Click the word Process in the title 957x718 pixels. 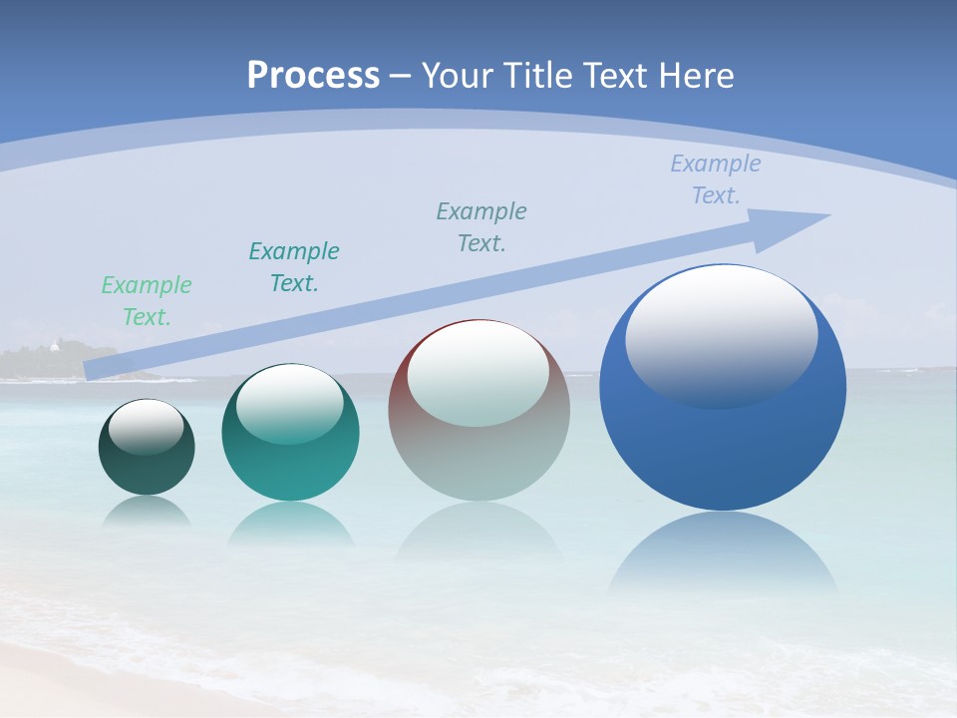tap(313, 76)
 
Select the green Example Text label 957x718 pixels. tap(147, 301)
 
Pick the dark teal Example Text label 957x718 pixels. tap(294, 267)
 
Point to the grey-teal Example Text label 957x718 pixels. tap(481, 227)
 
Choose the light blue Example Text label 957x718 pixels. tap(716, 179)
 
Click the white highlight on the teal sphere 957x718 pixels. tap(290, 401)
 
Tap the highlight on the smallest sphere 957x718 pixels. tap(147, 427)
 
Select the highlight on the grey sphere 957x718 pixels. tap(478, 374)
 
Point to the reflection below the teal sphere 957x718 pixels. tap(290, 524)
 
